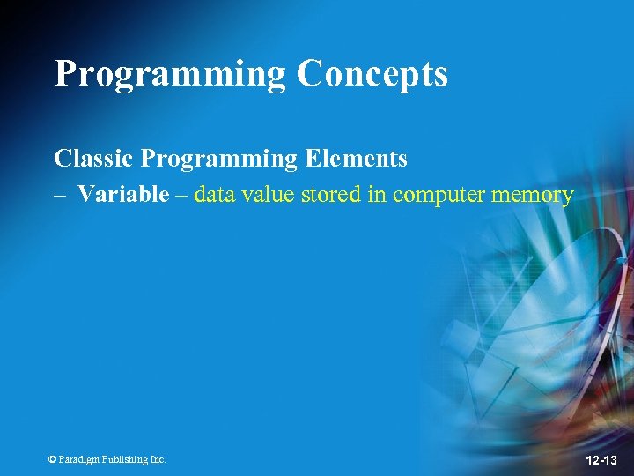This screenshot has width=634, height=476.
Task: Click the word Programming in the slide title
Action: pyautogui.click(x=170, y=74)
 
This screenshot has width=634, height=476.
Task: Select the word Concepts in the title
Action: pyautogui.click(x=372, y=74)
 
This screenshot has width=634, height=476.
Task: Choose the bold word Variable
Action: pyautogui.click(x=122, y=194)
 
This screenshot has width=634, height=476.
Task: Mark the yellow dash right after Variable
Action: pyautogui.click(x=181, y=195)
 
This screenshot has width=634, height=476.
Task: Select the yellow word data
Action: pyautogui.click(x=212, y=194)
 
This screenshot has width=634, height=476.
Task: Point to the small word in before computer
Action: pyautogui.click(x=377, y=194)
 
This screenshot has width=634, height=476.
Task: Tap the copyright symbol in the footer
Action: pyautogui.click(x=52, y=459)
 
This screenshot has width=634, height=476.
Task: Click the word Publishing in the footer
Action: pyautogui.click(x=123, y=459)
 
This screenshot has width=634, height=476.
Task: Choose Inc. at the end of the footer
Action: pyautogui.click(x=157, y=459)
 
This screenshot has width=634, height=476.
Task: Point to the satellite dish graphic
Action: pyautogui.click(x=528, y=335)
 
